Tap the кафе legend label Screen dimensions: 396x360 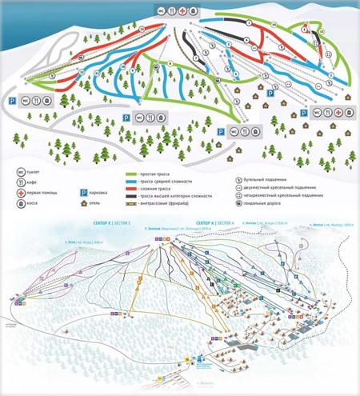click(34, 183)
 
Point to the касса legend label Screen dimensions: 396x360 click(35, 206)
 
